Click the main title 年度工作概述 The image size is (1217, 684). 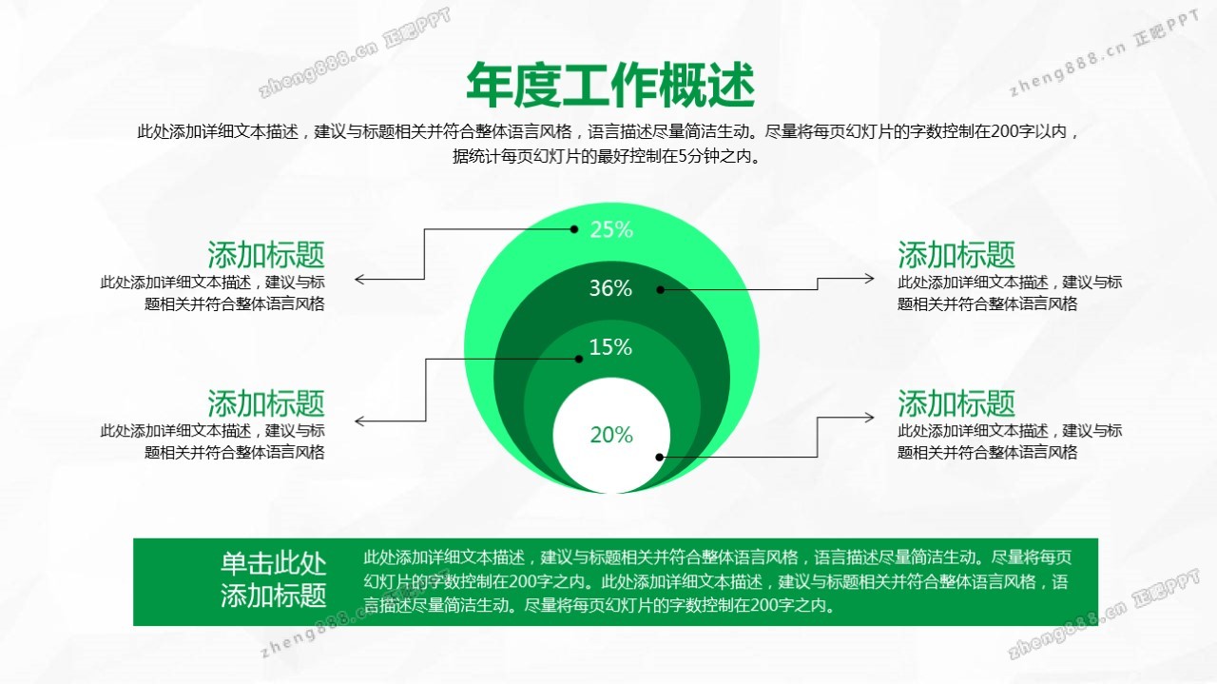pyautogui.click(x=610, y=85)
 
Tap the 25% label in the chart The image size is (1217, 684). pyautogui.click(x=611, y=229)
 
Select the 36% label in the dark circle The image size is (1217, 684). pyautogui.click(x=610, y=288)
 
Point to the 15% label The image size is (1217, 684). pyautogui.click(x=610, y=347)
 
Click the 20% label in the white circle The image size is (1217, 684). pyautogui.click(x=611, y=435)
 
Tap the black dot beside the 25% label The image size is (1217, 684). pyautogui.click(x=573, y=229)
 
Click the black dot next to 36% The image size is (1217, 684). pyautogui.click(x=660, y=290)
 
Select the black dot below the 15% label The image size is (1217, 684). pyautogui.click(x=579, y=359)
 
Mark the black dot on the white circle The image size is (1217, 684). pyautogui.click(x=659, y=458)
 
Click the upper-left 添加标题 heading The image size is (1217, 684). pyautogui.click(x=266, y=254)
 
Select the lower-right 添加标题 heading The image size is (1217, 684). pyautogui.click(x=956, y=403)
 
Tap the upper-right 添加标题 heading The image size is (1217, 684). pyautogui.click(x=956, y=254)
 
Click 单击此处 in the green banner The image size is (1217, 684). pyautogui.click(x=273, y=563)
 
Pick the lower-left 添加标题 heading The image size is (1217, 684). pyautogui.click(x=266, y=403)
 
